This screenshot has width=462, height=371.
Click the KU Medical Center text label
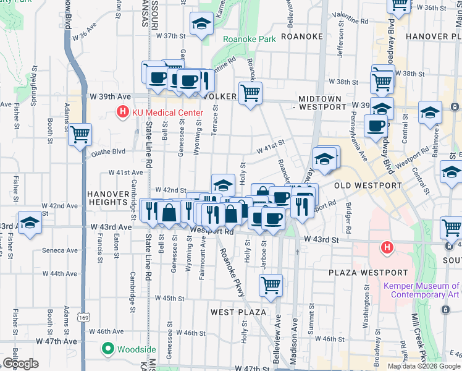click(x=167, y=113)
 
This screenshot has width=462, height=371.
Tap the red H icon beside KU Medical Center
click(x=123, y=113)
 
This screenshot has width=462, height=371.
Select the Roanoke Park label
click(x=250, y=39)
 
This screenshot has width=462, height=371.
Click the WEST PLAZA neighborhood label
click(x=238, y=312)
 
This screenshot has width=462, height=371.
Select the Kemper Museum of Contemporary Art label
click(x=421, y=291)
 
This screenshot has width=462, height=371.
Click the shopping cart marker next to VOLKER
click(x=250, y=93)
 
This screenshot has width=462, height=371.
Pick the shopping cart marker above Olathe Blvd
click(x=80, y=134)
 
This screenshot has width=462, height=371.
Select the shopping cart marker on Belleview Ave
click(x=271, y=285)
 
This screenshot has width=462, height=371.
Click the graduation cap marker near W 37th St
click(x=201, y=24)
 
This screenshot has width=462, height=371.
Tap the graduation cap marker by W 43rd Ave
click(x=29, y=223)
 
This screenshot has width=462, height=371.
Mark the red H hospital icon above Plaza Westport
click(x=387, y=249)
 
